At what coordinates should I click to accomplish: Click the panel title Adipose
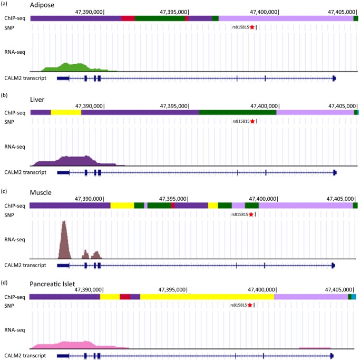[16, 5]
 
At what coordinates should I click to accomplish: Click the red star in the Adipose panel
[252, 27]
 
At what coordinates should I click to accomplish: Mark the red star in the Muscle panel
[251, 214]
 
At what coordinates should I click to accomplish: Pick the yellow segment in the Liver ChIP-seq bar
[66, 112]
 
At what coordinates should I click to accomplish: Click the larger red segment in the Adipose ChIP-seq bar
[128, 18]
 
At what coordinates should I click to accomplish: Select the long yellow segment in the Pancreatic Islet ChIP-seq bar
[207, 297]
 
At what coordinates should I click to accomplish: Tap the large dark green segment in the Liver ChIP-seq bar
[238, 112]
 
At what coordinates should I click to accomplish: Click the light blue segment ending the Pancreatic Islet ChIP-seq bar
[354, 297]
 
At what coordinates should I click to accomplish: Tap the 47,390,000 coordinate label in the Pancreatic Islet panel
[89, 289]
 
